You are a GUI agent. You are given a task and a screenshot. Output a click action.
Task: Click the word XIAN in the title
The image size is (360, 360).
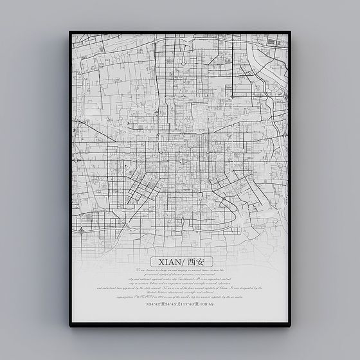coord(165,261)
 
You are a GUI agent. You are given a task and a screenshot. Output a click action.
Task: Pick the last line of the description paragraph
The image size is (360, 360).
coord(180,297)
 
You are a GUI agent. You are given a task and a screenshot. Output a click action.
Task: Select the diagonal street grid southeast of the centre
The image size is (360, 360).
coord(222,186)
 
